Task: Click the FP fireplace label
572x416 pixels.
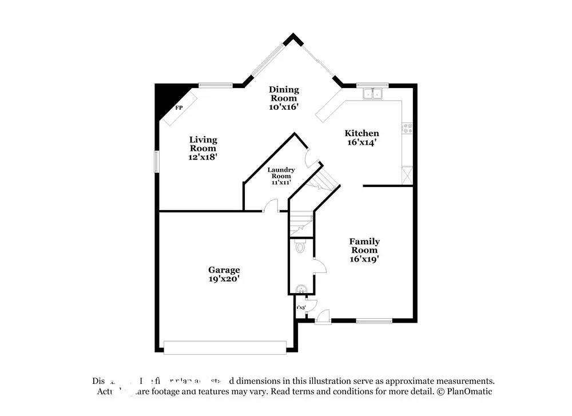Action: [x=178, y=108]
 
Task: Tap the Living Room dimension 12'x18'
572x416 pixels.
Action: [x=203, y=156]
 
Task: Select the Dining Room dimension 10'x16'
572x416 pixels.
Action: [x=284, y=106]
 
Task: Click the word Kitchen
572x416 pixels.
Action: [x=362, y=133]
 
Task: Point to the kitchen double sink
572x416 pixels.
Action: [x=373, y=93]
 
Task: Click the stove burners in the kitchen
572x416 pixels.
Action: [x=408, y=128]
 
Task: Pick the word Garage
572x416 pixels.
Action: [x=224, y=270]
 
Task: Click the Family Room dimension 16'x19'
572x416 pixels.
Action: [x=364, y=259]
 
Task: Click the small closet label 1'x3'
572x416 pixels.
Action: [x=301, y=308]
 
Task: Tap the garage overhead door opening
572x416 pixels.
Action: [x=225, y=347]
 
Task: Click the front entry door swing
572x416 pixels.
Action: [x=323, y=315]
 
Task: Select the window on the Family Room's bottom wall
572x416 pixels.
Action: [x=374, y=320]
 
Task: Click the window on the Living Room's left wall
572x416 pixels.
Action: [x=156, y=161]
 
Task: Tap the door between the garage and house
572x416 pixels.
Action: [x=271, y=207]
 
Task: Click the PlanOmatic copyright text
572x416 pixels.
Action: [x=465, y=391]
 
